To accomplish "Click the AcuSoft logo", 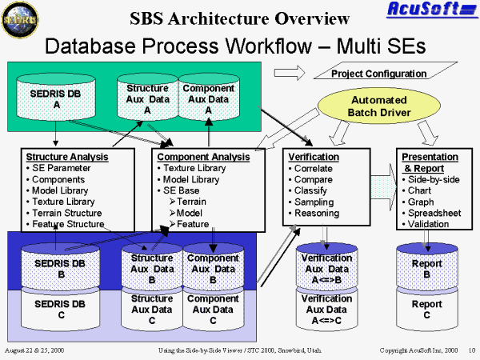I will pyautogui.click(x=433, y=10).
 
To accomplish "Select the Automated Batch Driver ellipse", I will pyautogui.click(x=379, y=106).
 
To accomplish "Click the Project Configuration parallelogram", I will pyautogui.click(x=380, y=74).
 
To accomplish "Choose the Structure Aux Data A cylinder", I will pyautogui.click(x=147, y=98).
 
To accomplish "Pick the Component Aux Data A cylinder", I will pyautogui.click(x=208, y=98).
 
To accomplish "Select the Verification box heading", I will pyautogui.click(x=314, y=157).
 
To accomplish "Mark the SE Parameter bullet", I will pyautogui.click(x=61, y=168).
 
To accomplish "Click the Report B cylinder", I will pyautogui.click(x=426, y=269).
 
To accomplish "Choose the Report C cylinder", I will pyautogui.click(x=426, y=308).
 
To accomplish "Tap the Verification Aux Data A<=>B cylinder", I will pyautogui.click(x=326, y=269).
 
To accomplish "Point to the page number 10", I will pyautogui.click(x=472, y=350).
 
